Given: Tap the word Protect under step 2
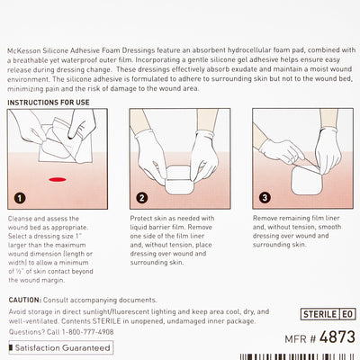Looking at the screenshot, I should click(x=143, y=219).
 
